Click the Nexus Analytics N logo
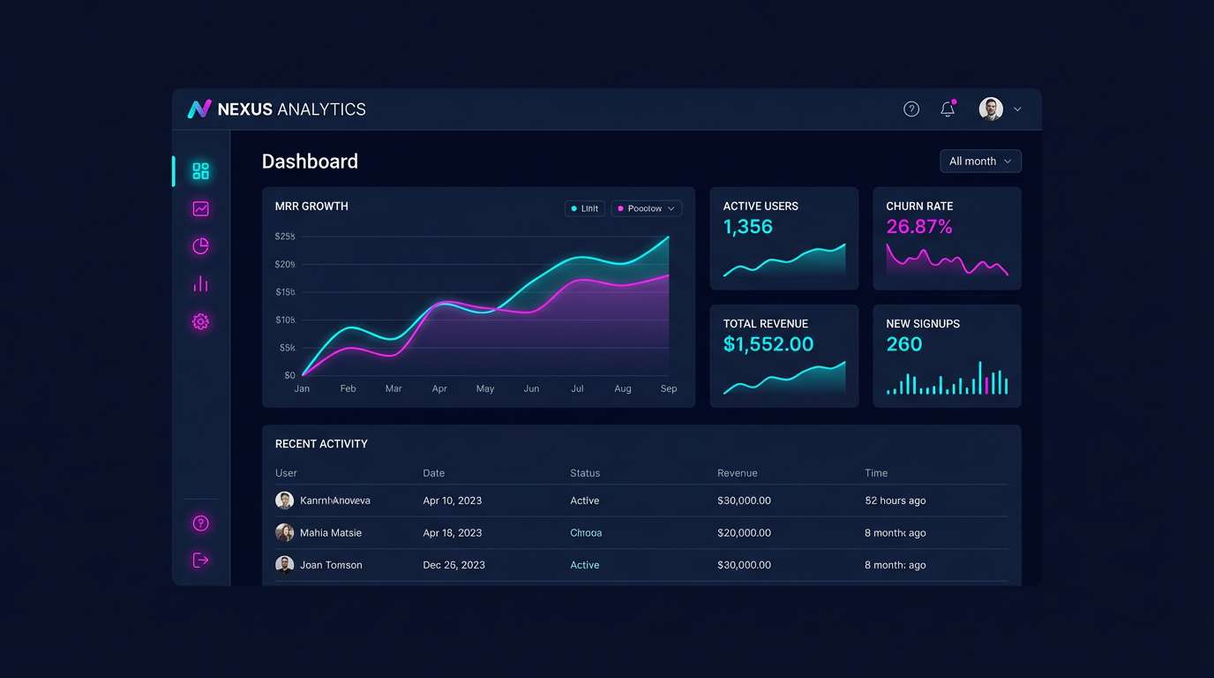(x=199, y=109)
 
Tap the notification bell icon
(x=948, y=109)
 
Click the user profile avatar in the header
(x=991, y=109)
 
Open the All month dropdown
(x=980, y=161)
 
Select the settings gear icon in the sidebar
(x=200, y=321)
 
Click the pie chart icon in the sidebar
(x=200, y=246)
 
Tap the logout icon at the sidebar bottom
(x=200, y=560)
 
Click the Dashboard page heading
(x=310, y=161)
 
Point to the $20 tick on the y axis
(x=285, y=264)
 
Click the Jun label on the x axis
(x=531, y=388)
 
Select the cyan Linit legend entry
(x=585, y=208)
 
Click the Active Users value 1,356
(x=747, y=227)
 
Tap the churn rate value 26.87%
(x=918, y=227)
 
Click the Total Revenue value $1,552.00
(x=768, y=344)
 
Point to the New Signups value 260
(x=903, y=344)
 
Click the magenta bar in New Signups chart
(x=986, y=385)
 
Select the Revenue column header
(x=737, y=473)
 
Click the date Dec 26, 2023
(x=453, y=565)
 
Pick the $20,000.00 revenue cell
(x=744, y=532)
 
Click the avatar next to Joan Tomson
(x=284, y=565)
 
